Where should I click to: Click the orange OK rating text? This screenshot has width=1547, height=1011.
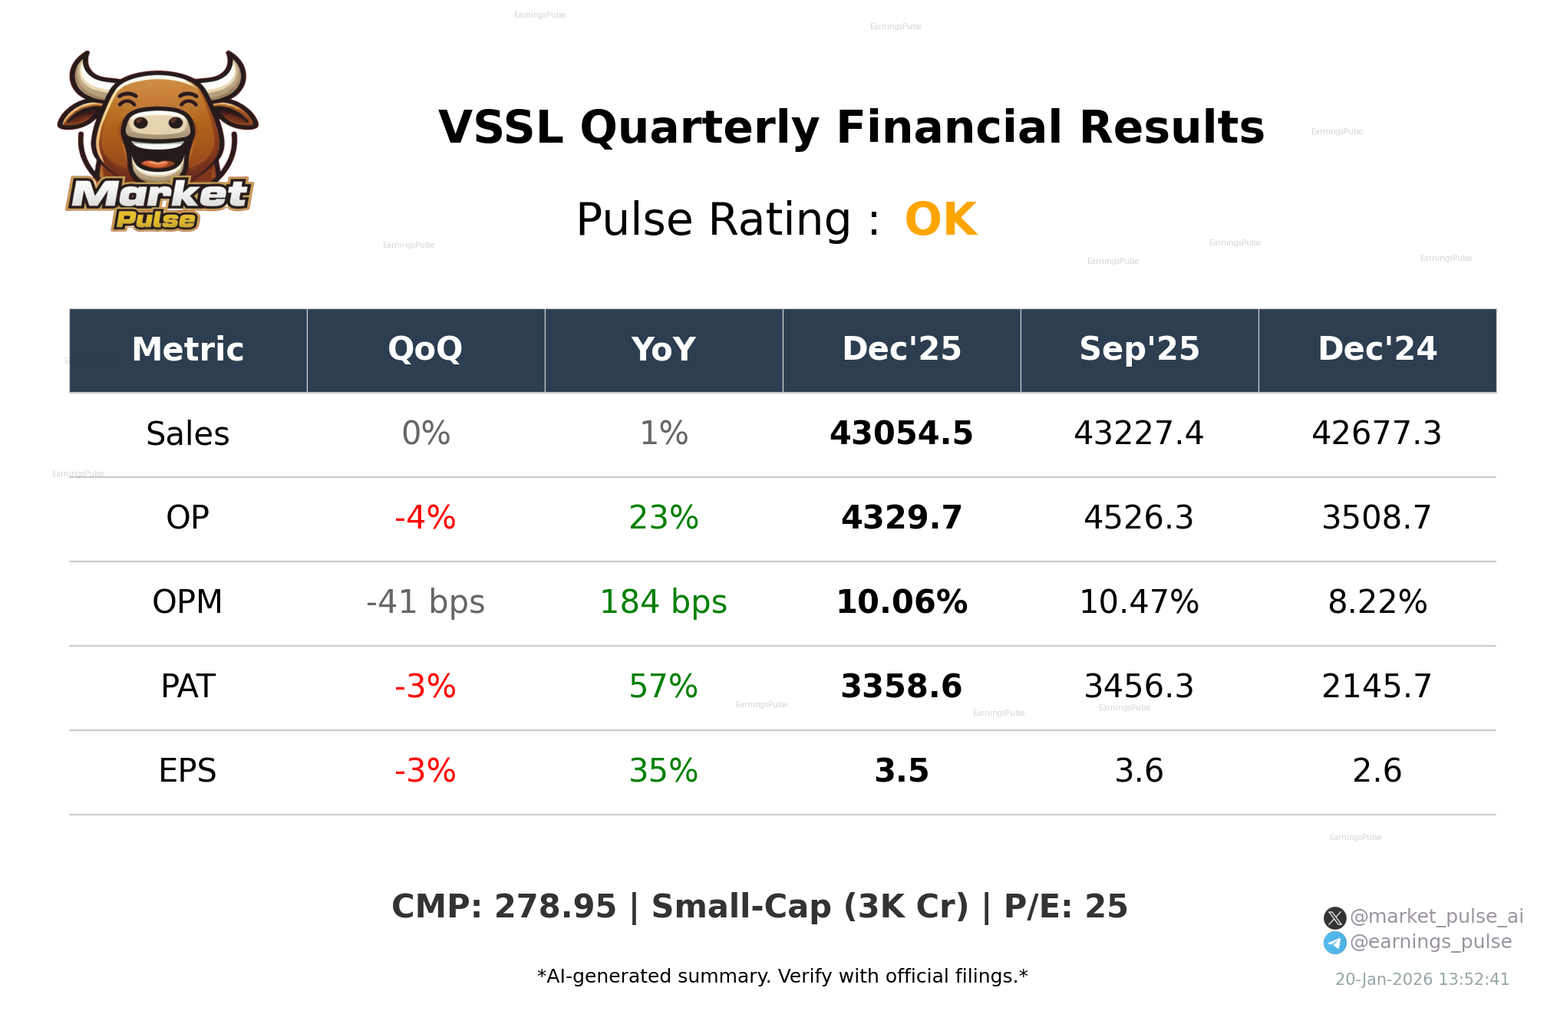pyautogui.click(x=941, y=220)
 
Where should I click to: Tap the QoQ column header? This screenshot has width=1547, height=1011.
pyautogui.click(x=426, y=350)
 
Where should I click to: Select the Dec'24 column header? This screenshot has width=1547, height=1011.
pyautogui.click(x=1377, y=350)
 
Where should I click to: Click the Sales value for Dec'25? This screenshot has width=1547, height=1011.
pyautogui.click(x=901, y=434)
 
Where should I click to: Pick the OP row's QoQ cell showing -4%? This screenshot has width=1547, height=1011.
pyautogui.click(x=425, y=519)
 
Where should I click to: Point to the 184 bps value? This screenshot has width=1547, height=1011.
pyautogui.click(x=663, y=603)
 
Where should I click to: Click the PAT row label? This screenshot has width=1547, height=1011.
pyautogui.click(x=188, y=687)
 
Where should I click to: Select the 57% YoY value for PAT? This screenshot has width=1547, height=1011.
pyautogui.click(x=663, y=687)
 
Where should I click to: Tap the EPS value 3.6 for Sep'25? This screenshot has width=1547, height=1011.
pyautogui.click(x=1139, y=772)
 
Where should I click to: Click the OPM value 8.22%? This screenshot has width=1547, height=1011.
pyautogui.click(x=1377, y=603)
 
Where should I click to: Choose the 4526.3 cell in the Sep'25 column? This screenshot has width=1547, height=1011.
pyautogui.click(x=1139, y=519)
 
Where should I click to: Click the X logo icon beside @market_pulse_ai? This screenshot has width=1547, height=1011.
pyautogui.click(x=1334, y=917)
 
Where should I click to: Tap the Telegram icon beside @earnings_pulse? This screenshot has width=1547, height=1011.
pyautogui.click(x=1334, y=943)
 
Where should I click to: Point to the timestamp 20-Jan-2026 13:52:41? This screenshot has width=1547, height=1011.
pyautogui.click(x=1422, y=980)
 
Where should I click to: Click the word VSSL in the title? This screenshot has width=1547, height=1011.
pyautogui.click(x=500, y=128)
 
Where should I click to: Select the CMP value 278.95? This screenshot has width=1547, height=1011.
pyautogui.click(x=555, y=907)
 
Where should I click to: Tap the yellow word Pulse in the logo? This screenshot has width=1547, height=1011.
pyautogui.click(x=156, y=220)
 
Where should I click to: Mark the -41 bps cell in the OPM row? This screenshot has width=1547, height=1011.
pyautogui.click(x=425, y=603)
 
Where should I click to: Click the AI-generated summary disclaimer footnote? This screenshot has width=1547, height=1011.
pyautogui.click(x=782, y=976)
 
